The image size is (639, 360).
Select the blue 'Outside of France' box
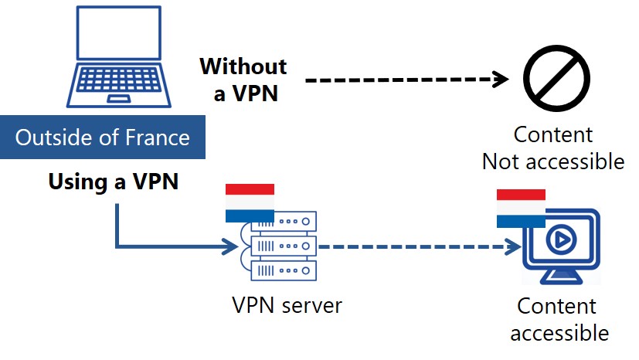pos(103,138)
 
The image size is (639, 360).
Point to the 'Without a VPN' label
pos(243,80)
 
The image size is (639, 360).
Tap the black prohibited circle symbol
pos(556,79)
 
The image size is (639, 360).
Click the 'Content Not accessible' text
pos(553,148)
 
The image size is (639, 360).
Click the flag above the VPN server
pos(250,202)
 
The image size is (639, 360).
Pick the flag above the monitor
pos(521,208)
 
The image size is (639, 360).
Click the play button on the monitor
pos(560,241)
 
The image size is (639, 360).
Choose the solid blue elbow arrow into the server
pos(155,247)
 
